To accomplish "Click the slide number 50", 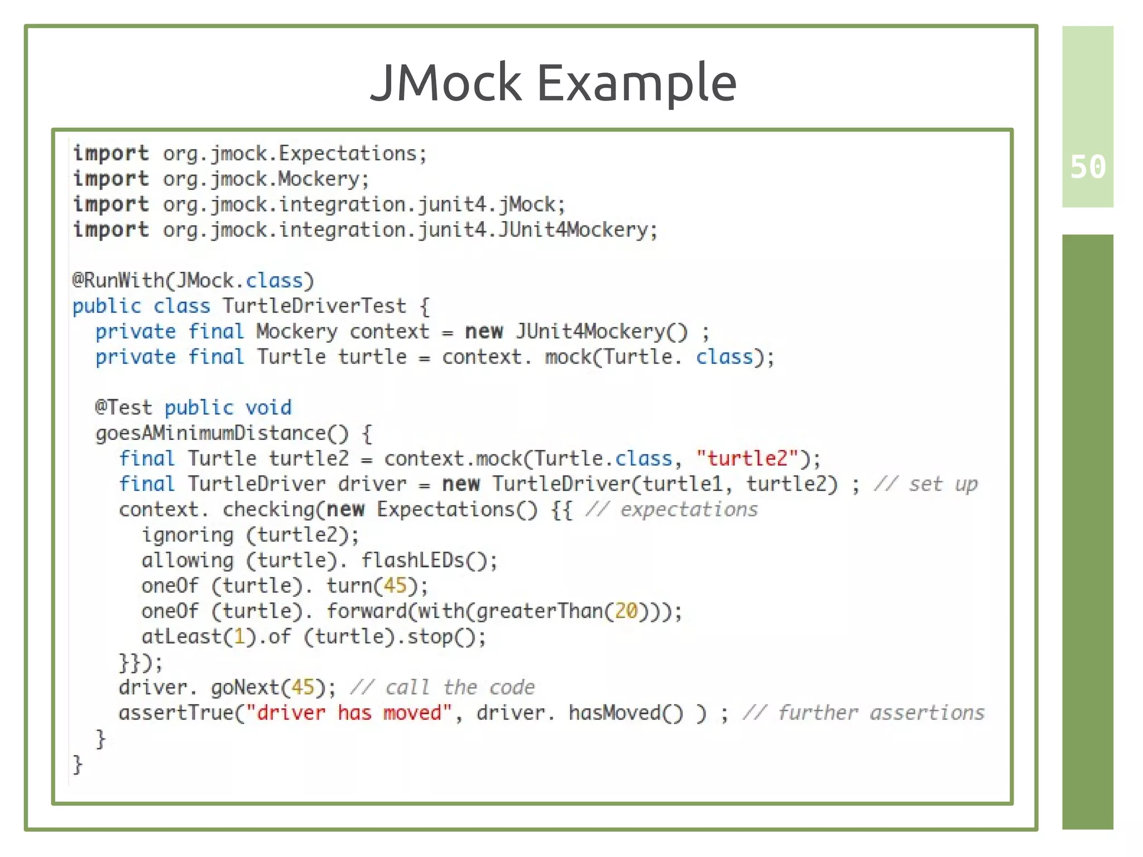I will [x=1087, y=167].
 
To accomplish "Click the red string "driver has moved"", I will [x=349, y=713].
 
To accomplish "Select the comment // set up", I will [x=926, y=484].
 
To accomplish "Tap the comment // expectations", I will [x=671, y=510].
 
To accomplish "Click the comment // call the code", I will [x=442, y=687].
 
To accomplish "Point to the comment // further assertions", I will [x=863, y=713].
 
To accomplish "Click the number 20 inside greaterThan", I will [x=626, y=611].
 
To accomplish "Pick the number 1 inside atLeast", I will [x=239, y=637].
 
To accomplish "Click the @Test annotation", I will [x=123, y=408].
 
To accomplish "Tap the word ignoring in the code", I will [x=188, y=535].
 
